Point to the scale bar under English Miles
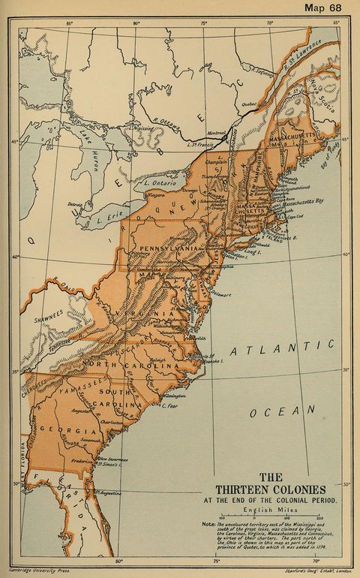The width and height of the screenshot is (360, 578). [272, 517]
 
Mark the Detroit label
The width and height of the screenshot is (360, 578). [74, 203]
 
